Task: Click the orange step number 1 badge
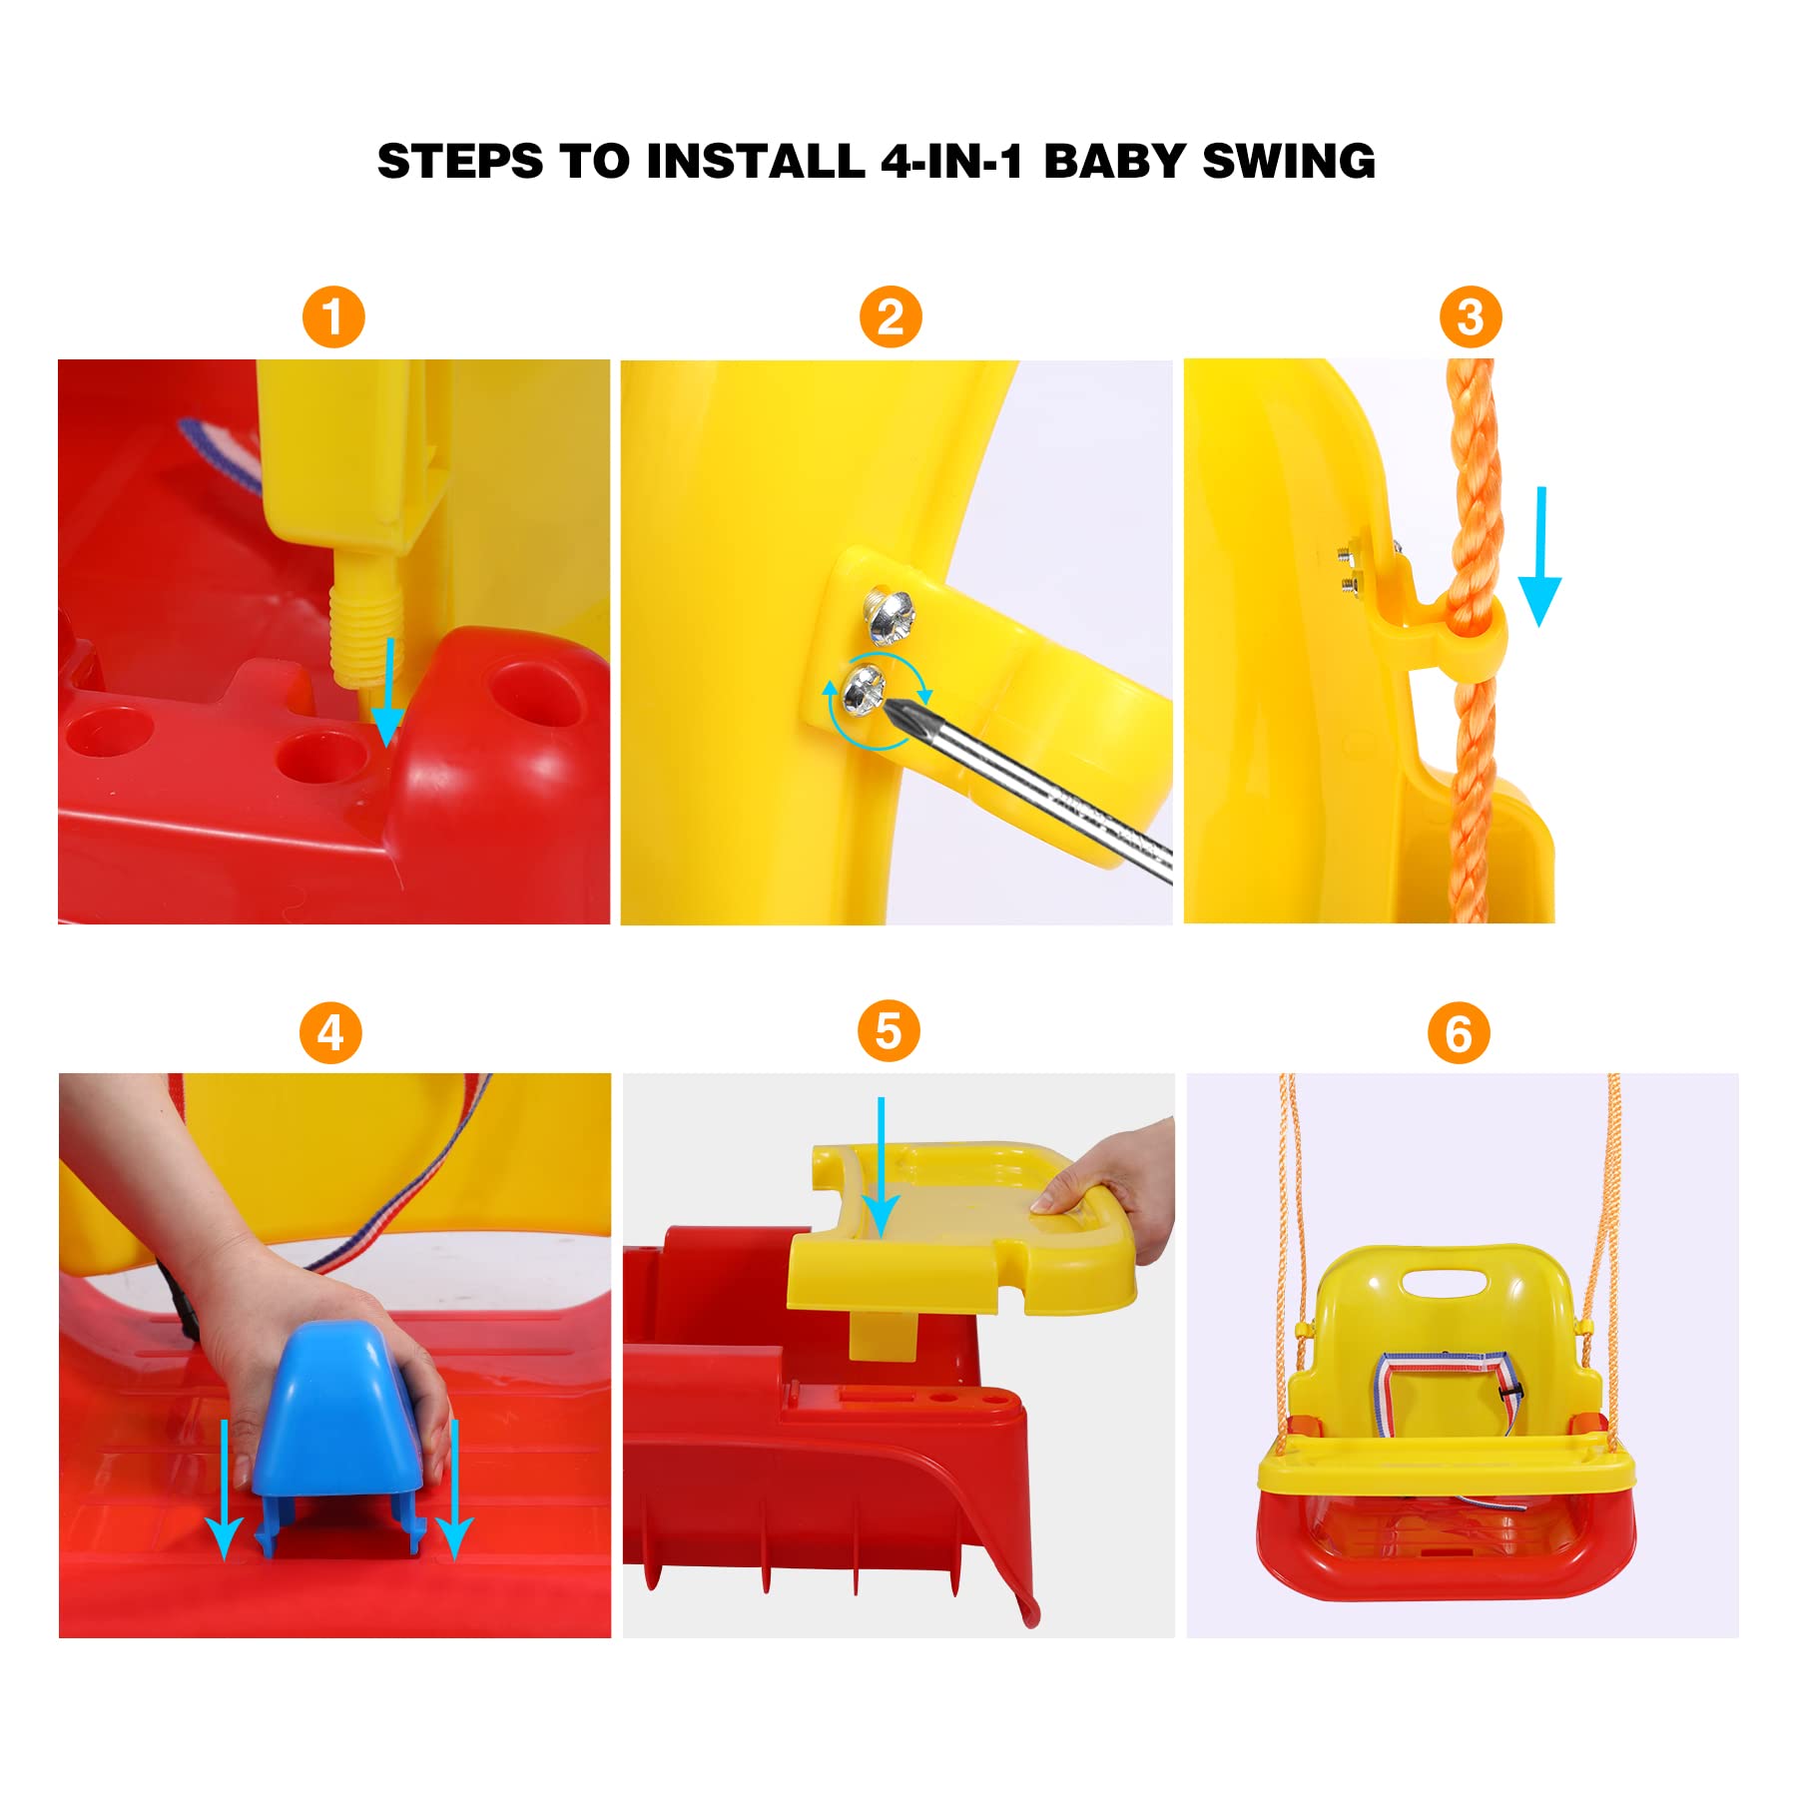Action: (x=333, y=317)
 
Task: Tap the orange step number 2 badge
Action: (x=891, y=317)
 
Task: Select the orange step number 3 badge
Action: (x=1470, y=317)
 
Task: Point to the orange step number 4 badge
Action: (x=330, y=1032)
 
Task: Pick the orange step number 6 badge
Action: (x=1459, y=1033)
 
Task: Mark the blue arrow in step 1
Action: (x=387, y=693)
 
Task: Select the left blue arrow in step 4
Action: (x=225, y=1488)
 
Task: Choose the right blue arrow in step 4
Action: (x=454, y=1488)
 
